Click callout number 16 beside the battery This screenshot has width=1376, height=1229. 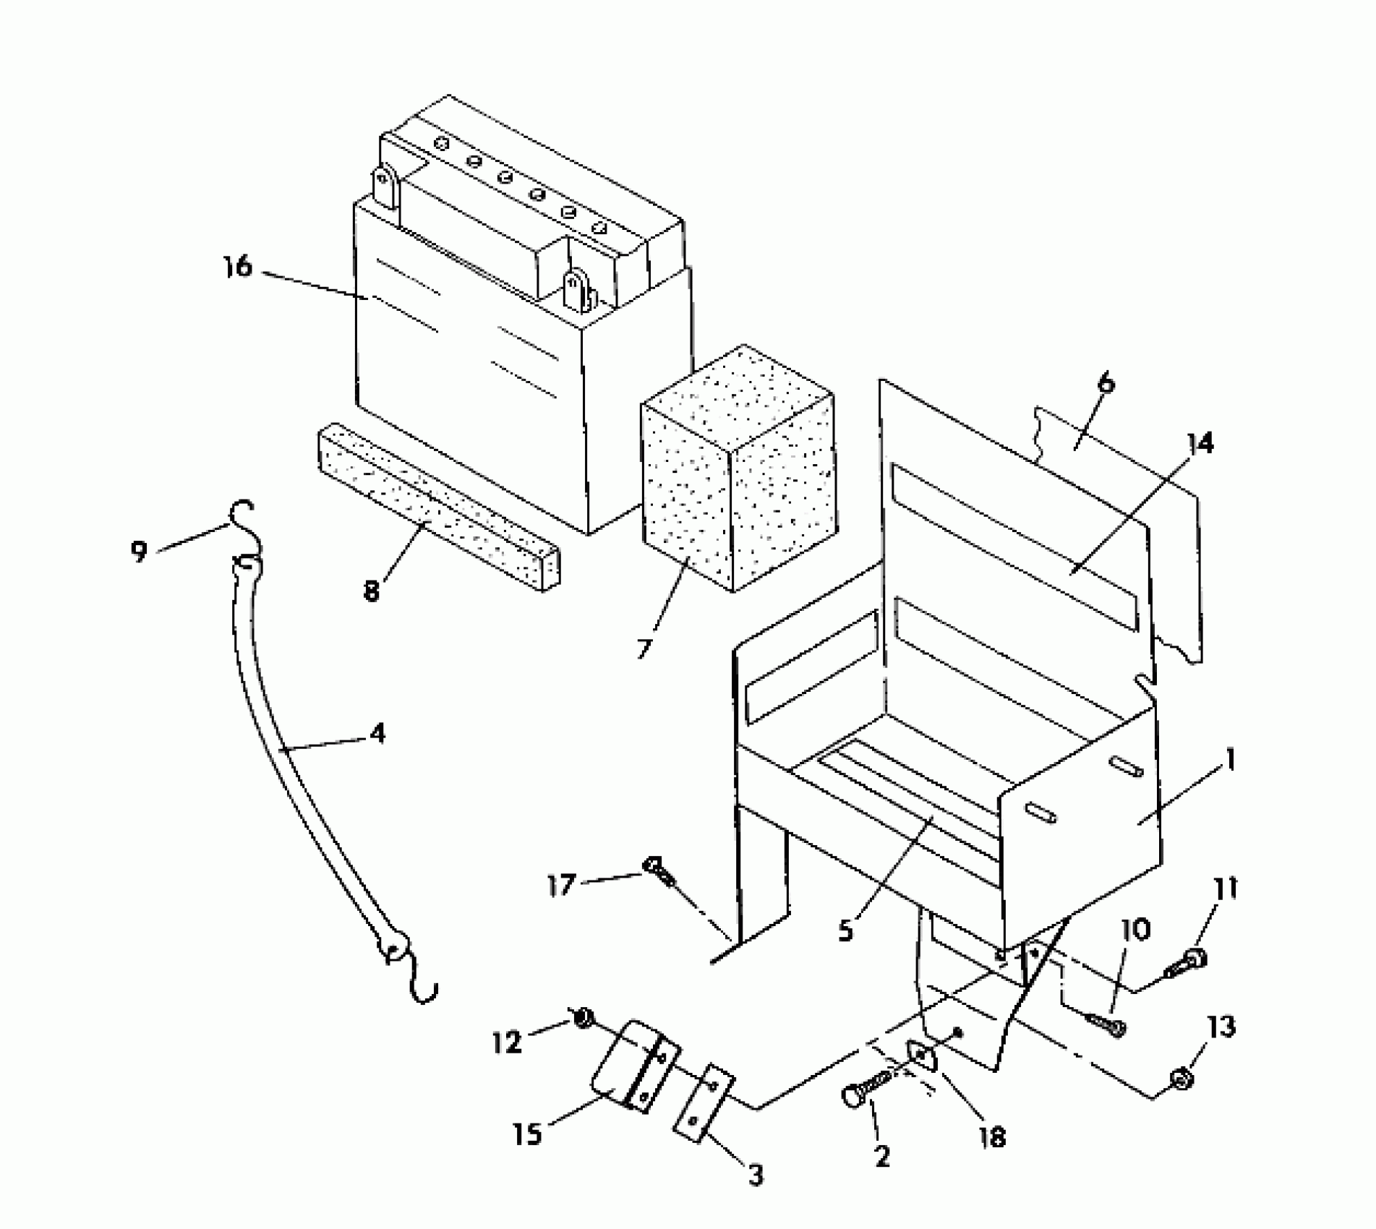point(237,267)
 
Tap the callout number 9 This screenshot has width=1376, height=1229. point(139,551)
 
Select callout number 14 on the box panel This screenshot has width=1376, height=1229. point(1200,444)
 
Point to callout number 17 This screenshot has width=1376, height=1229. point(560,884)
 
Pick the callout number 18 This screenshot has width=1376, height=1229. point(992,1137)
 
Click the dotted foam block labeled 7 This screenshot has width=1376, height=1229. point(738,470)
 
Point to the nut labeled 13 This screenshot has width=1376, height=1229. point(1182,1079)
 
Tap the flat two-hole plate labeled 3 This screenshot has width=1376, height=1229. point(704,1102)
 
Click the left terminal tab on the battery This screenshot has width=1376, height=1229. point(386,186)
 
